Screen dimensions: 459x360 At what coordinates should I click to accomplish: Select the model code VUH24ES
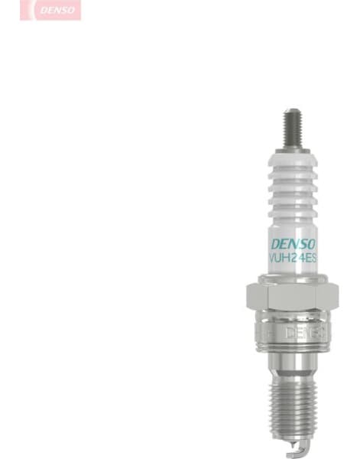click(293, 259)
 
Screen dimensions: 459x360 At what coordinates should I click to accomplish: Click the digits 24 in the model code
click(297, 259)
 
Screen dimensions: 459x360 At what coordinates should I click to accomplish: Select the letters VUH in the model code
click(280, 259)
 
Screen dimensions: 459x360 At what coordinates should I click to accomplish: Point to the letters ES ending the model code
click(310, 259)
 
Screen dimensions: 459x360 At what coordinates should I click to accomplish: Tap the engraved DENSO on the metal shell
click(304, 333)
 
